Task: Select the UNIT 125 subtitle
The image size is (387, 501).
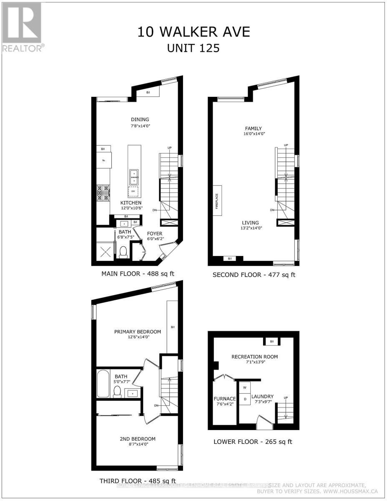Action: pos(193,48)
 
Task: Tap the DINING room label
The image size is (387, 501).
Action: pos(140,119)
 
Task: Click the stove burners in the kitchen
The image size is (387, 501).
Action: pos(103,193)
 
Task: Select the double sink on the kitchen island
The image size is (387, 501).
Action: pos(134,177)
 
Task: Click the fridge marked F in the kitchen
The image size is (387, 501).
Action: pos(103,160)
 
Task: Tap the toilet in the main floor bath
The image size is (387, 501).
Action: pos(123,252)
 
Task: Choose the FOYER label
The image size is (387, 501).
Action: pos(154,233)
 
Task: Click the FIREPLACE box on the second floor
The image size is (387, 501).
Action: pos(217,200)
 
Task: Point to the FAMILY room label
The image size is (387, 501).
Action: pos(253,128)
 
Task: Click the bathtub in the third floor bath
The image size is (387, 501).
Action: pos(103,383)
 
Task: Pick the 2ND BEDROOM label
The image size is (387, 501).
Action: pos(137,438)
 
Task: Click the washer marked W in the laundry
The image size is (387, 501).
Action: pos(245,387)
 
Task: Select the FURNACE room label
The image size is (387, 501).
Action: pos(225,398)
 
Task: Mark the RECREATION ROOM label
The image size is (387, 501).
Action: pos(255,357)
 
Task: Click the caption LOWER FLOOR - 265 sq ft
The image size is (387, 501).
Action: pos(253,441)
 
